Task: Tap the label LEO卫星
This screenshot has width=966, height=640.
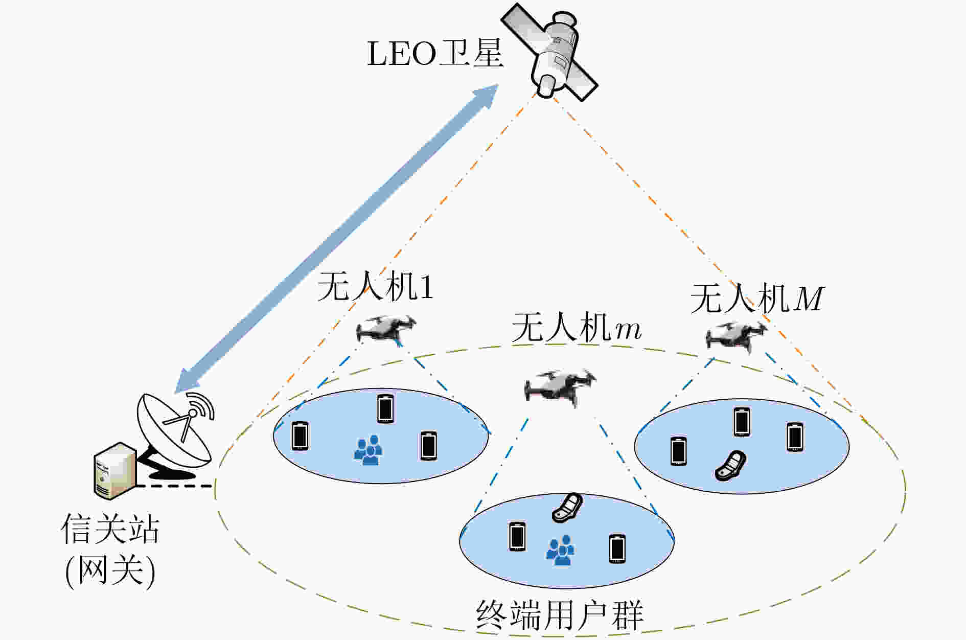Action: (435, 53)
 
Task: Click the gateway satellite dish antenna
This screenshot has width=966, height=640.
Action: (174, 435)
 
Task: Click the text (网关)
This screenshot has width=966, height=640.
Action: (110, 570)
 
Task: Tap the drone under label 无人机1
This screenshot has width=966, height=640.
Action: (386, 330)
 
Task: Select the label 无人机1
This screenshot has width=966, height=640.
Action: (375, 286)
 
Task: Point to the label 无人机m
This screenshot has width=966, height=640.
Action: (576, 328)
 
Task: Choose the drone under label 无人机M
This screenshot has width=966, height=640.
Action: (737, 336)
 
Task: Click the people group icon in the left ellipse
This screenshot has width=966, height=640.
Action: (368, 450)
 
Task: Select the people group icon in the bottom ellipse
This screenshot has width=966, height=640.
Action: (560, 551)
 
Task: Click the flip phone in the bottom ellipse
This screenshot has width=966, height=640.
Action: (567, 508)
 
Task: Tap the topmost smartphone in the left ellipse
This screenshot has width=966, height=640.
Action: (385, 409)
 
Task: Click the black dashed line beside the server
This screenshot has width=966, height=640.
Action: (174, 486)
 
